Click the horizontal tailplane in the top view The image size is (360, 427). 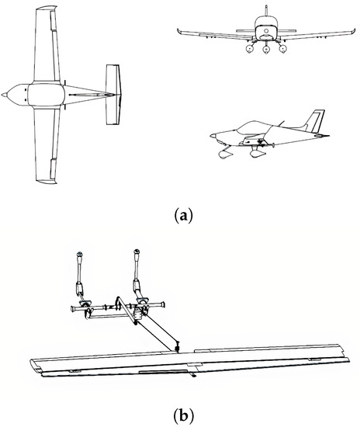click(114, 95)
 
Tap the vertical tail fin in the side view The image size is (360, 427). click(314, 121)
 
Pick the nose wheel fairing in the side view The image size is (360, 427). click(227, 154)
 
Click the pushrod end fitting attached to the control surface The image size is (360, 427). click(178, 346)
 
